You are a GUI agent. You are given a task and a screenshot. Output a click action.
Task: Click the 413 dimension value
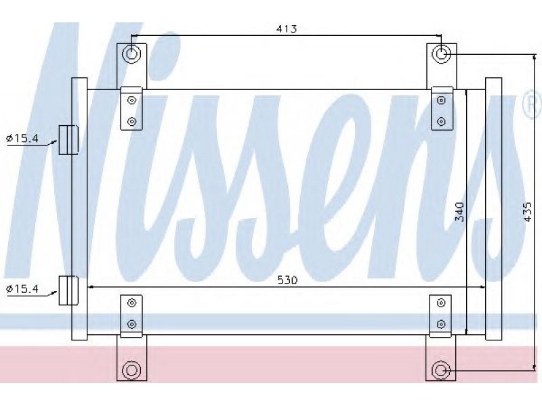(x=287, y=28)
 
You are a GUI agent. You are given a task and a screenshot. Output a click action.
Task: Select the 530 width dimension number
(x=287, y=279)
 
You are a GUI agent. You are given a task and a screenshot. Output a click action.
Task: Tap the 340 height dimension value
(x=459, y=212)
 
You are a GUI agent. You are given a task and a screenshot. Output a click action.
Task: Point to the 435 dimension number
(x=528, y=212)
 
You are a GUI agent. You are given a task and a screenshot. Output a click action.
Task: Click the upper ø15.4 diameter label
(x=22, y=139)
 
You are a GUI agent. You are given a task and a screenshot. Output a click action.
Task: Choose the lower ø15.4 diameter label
(x=22, y=288)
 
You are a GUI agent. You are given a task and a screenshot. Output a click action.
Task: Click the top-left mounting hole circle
(x=131, y=54)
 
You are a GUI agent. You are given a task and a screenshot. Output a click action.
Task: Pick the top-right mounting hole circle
(x=442, y=54)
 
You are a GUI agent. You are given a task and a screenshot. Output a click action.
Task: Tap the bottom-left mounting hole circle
(x=131, y=370)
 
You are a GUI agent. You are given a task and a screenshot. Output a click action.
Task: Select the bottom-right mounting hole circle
(x=440, y=370)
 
